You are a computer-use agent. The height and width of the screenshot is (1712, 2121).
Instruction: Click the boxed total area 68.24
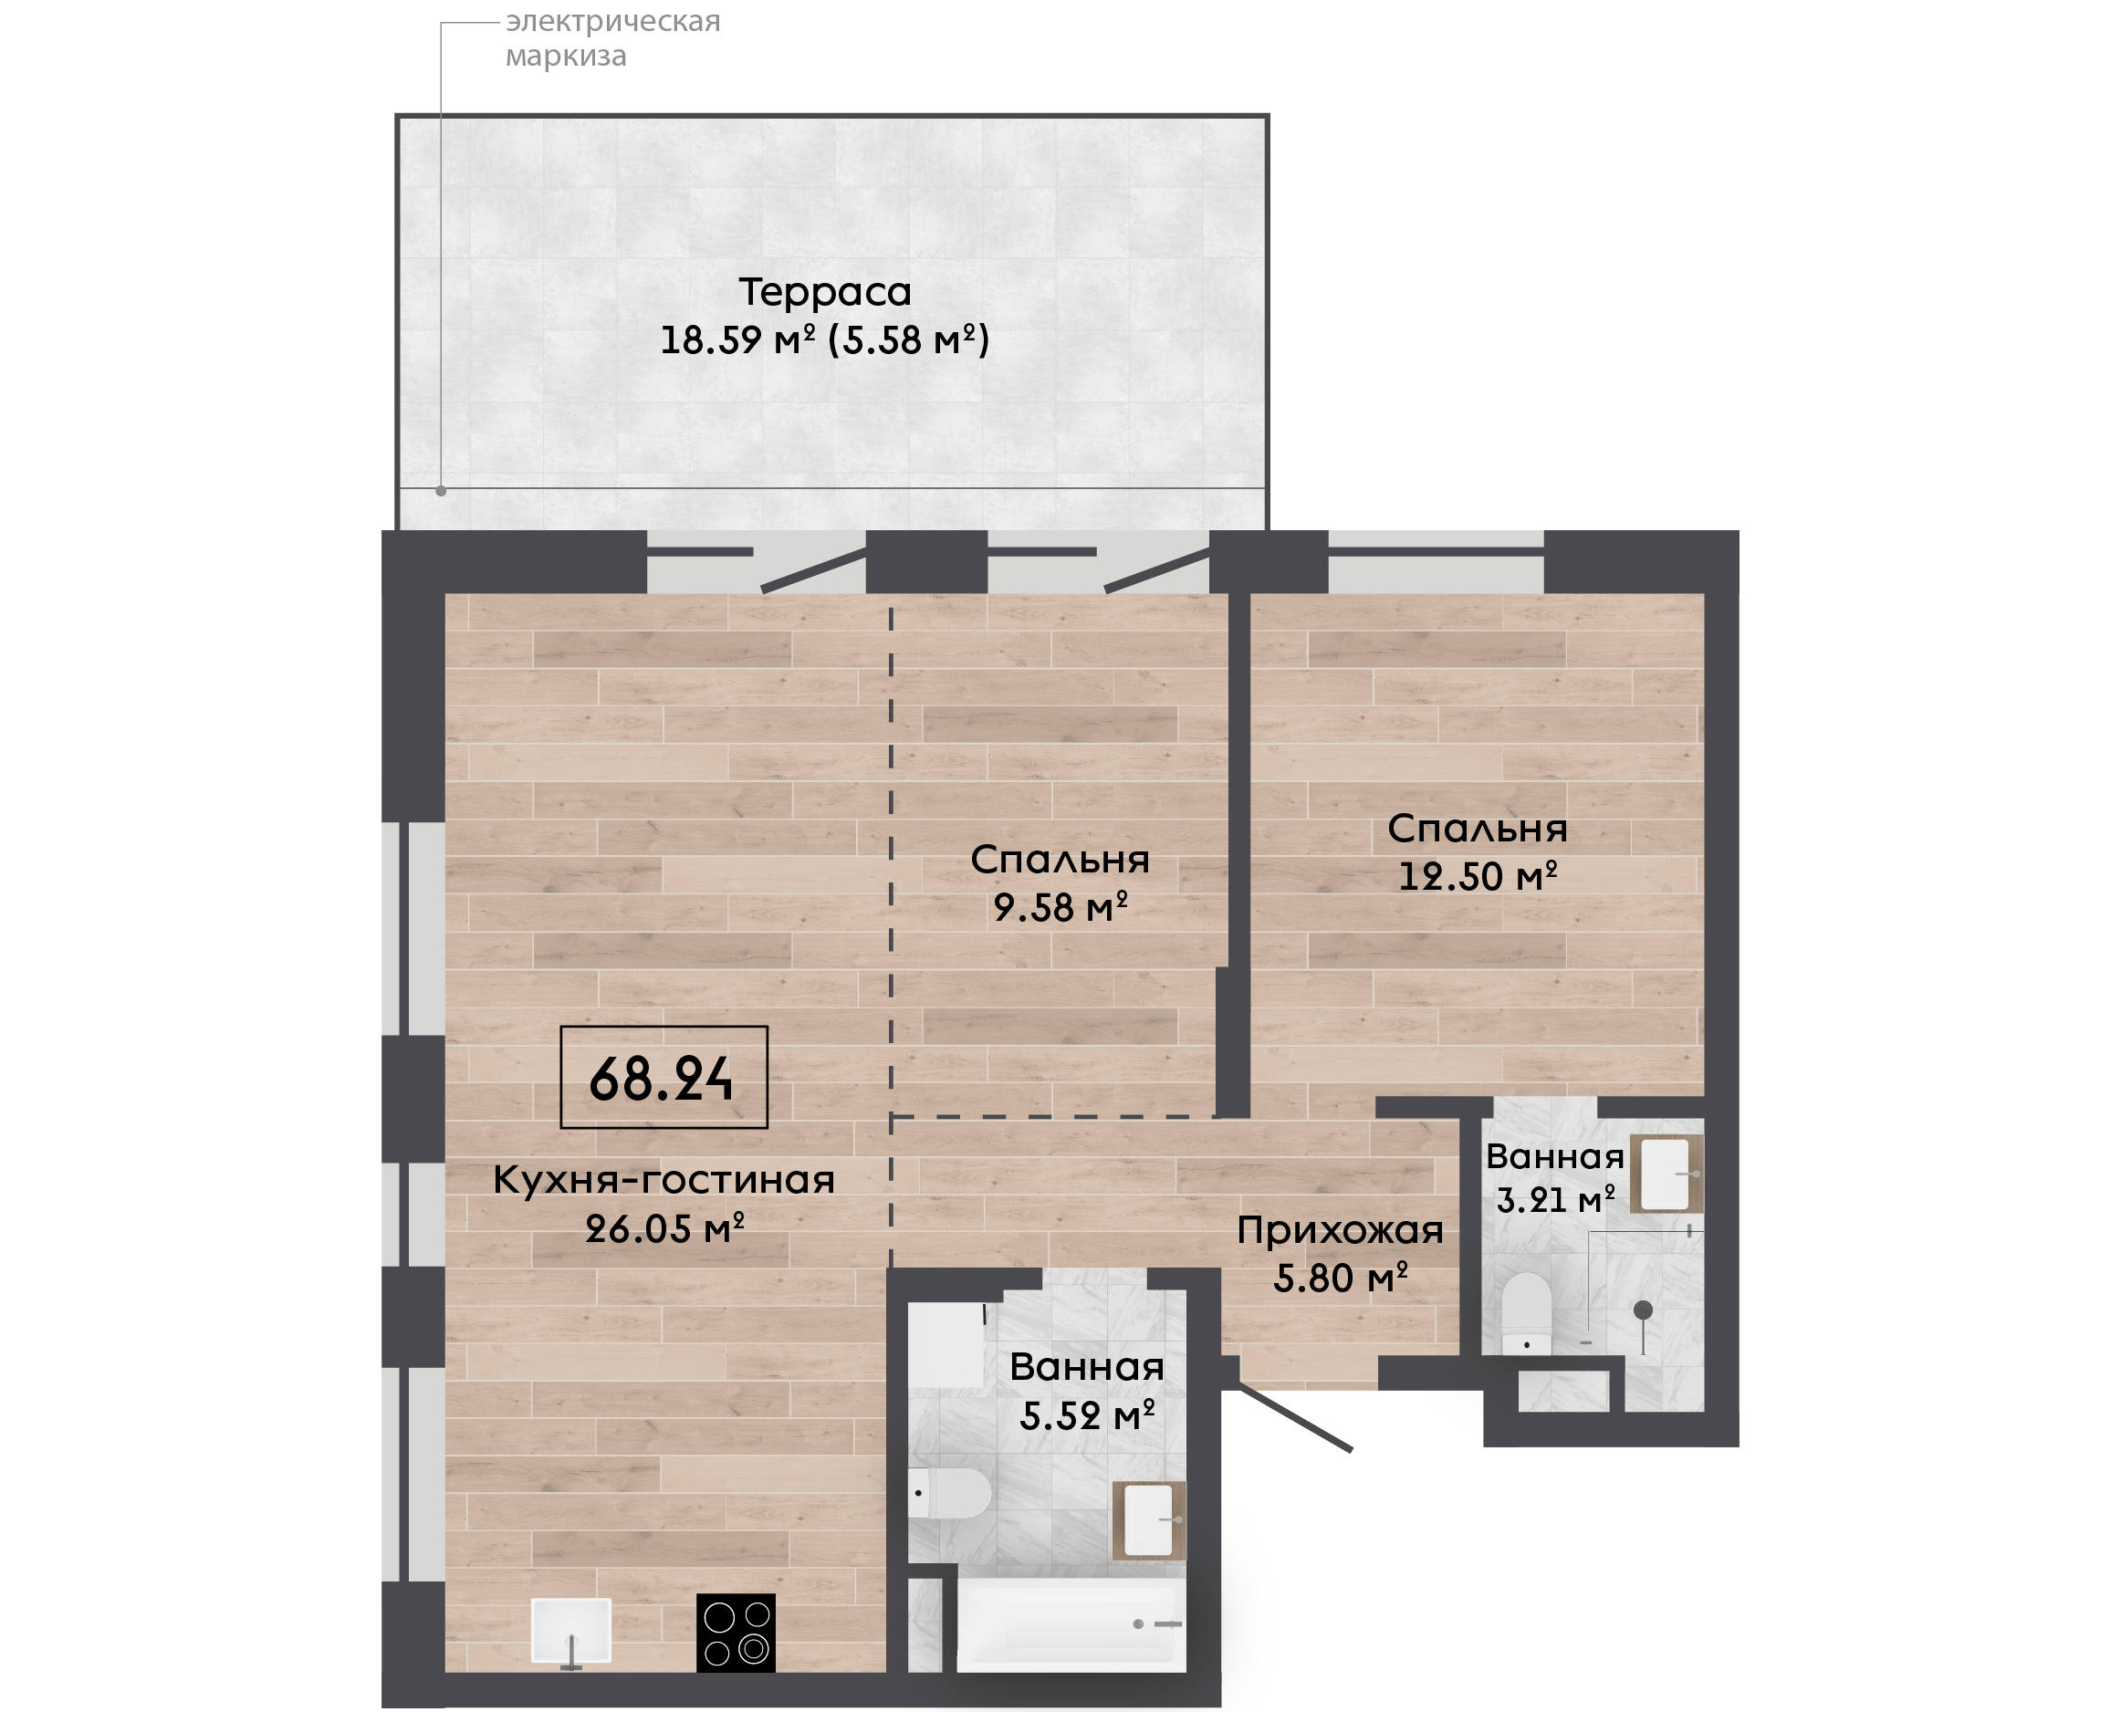pyautogui.click(x=663, y=1078)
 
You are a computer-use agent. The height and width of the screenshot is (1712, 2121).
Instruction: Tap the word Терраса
pyautogui.click(x=825, y=292)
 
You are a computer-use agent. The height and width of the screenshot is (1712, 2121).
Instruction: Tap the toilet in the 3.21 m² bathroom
pyautogui.click(x=1527, y=1312)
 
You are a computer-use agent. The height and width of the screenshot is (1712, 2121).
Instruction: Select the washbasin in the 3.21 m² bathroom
pyautogui.click(x=1666, y=1174)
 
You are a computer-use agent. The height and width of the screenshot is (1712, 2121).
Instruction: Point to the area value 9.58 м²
pyautogui.click(x=1060, y=907)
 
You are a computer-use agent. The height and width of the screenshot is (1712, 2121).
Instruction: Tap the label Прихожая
pyautogui.click(x=1340, y=1230)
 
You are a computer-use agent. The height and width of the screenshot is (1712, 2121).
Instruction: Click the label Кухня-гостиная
pyautogui.click(x=663, y=1179)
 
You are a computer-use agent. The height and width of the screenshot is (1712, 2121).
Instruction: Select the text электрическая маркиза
pyautogui.click(x=612, y=38)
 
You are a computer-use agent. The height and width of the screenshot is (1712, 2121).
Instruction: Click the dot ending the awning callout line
pyautogui.click(x=441, y=490)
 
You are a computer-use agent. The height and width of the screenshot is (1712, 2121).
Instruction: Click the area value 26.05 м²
pyautogui.click(x=664, y=1228)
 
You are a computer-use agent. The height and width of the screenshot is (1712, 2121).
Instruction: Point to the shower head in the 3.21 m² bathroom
pyautogui.click(x=1643, y=1310)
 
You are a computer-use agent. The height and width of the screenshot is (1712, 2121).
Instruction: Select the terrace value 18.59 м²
pyautogui.click(x=737, y=340)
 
